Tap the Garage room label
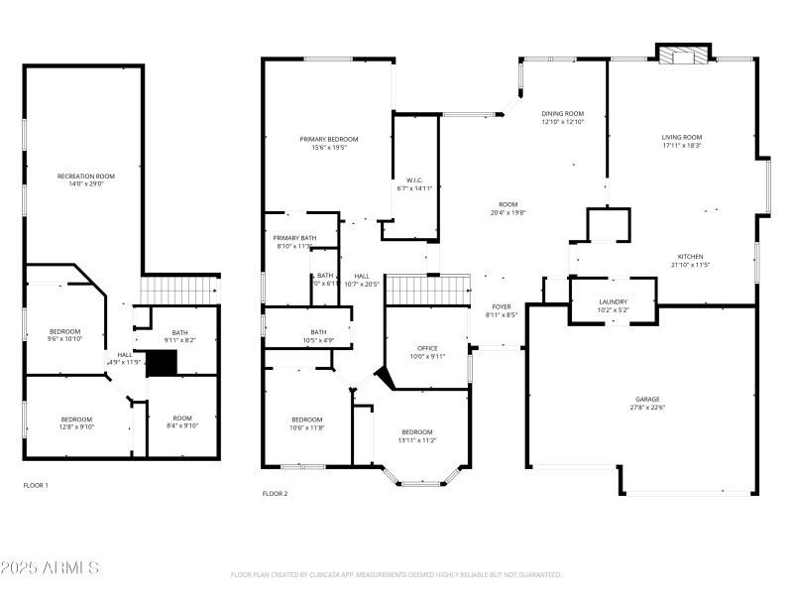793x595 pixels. [646, 401]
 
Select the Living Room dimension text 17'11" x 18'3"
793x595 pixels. [681, 146]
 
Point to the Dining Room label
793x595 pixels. [562, 114]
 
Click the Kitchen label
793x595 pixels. [692, 256]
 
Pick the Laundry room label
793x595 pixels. [612, 302]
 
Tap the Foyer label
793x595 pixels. [502, 306]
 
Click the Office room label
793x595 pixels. [427, 348]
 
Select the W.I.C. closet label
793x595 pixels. [414, 179]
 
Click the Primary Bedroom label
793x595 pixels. [328, 139]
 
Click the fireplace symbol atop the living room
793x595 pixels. [684, 56]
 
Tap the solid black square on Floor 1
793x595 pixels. [161, 363]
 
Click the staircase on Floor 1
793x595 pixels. [178, 291]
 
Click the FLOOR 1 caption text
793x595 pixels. [36, 485]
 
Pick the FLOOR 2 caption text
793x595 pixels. [275, 493]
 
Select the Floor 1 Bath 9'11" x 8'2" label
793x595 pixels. [179, 333]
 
